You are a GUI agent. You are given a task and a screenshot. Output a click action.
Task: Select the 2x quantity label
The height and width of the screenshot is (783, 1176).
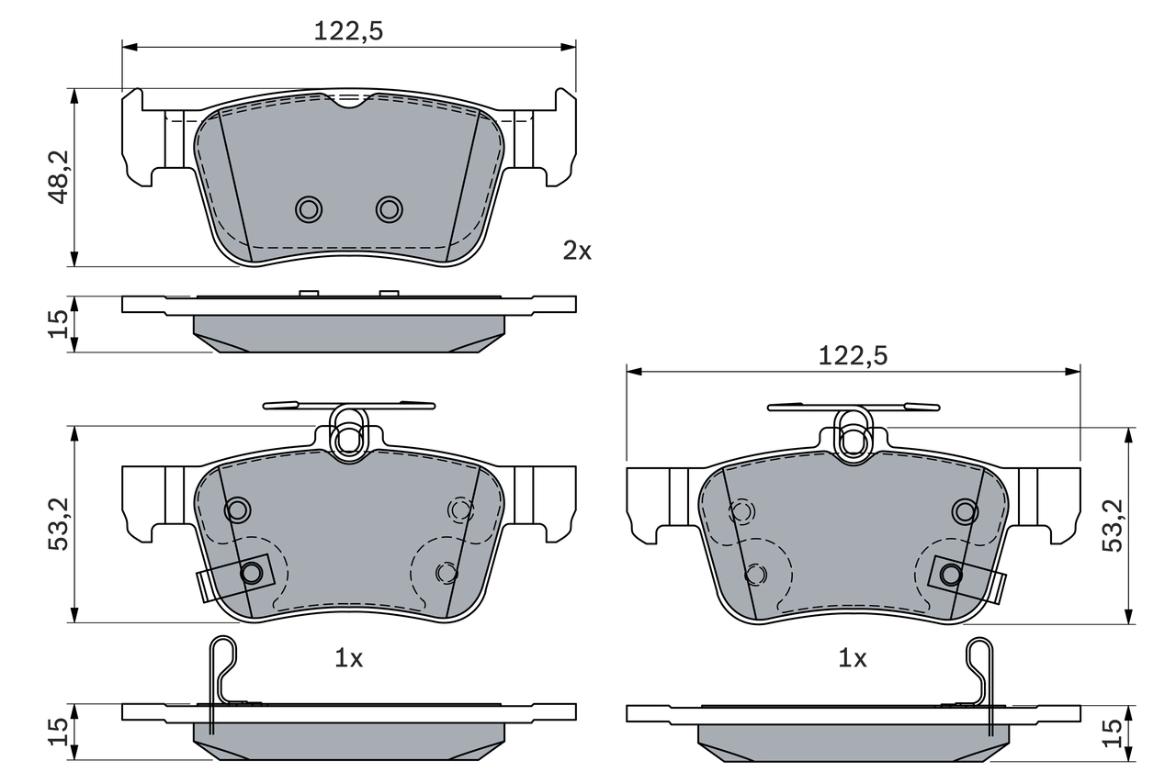577,251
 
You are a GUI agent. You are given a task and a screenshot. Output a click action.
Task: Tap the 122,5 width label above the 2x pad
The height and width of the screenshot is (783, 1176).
348,31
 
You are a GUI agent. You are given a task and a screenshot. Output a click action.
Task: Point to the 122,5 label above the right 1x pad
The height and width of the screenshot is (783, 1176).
853,356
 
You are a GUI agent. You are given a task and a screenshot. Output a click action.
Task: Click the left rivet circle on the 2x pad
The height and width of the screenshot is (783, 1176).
309,209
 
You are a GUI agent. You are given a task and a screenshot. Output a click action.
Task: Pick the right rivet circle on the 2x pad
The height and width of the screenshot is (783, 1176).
389,209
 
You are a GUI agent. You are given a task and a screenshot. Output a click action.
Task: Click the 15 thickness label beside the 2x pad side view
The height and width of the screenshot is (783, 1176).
57,324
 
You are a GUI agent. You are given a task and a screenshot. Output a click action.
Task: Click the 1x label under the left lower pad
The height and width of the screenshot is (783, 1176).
348,658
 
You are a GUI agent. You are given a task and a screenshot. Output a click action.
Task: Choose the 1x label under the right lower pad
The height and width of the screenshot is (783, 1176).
853,658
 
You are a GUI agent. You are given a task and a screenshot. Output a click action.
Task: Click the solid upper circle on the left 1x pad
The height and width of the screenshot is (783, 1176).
238,509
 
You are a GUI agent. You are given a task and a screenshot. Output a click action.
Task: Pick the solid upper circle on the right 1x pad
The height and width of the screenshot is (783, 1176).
964,510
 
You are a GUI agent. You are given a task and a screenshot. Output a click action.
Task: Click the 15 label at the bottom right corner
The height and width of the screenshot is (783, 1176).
1112,732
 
